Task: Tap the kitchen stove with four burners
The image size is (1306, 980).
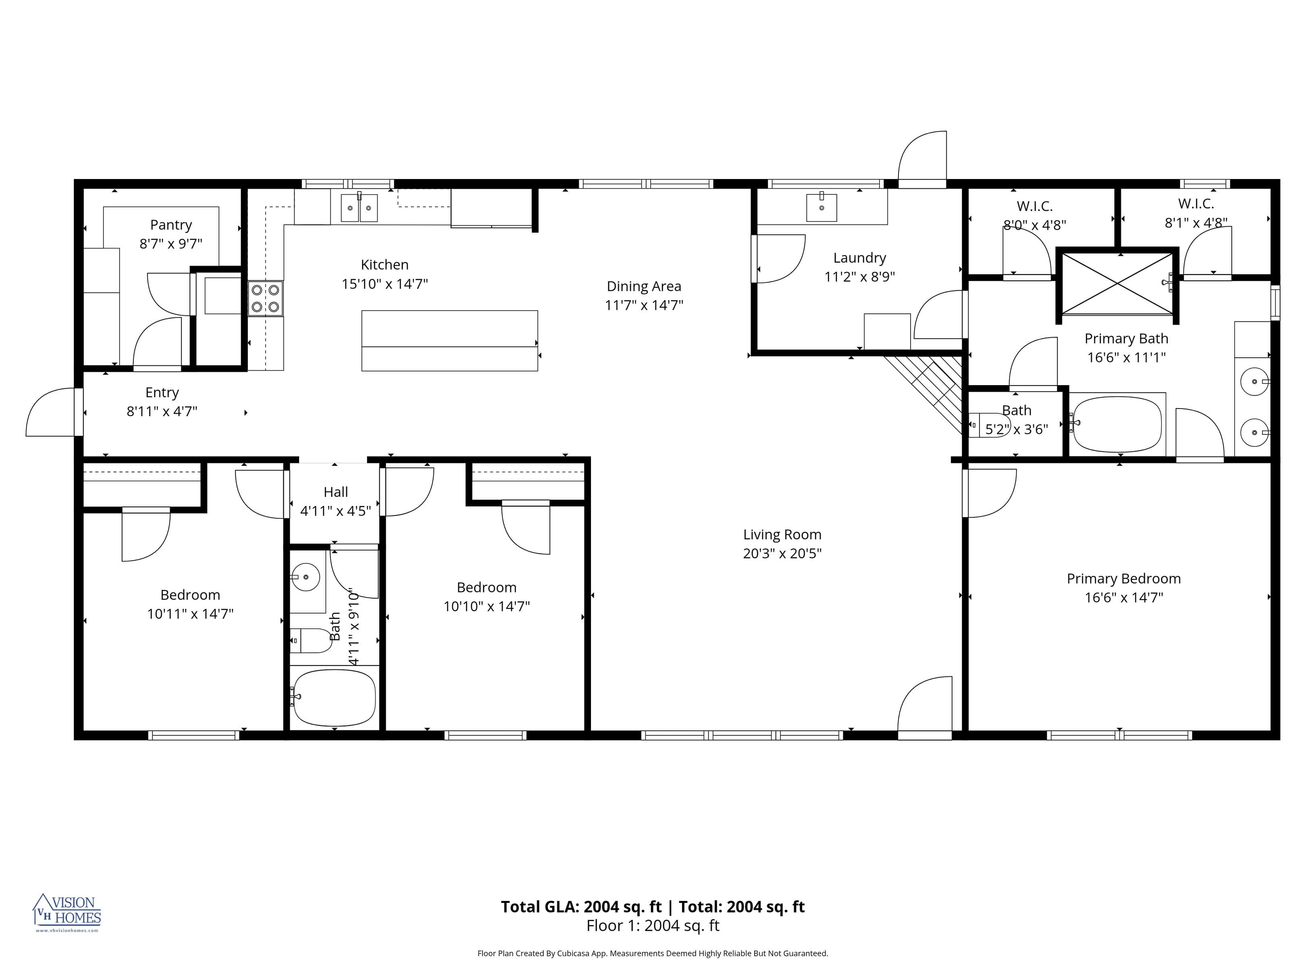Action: tap(265, 298)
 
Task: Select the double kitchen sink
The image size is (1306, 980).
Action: tap(359, 207)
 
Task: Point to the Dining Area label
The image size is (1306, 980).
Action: tap(644, 286)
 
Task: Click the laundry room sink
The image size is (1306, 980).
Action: tap(821, 207)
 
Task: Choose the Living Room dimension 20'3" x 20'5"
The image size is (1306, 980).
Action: tap(782, 553)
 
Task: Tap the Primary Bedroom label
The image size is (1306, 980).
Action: tap(1123, 579)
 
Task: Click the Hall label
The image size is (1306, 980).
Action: tap(335, 492)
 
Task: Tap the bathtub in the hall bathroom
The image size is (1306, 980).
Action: tap(334, 698)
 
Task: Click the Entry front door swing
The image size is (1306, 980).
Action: tap(52, 412)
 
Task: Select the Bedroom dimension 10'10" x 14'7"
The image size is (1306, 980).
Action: tap(487, 606)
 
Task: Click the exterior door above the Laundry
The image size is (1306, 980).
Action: tap(922, 158)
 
